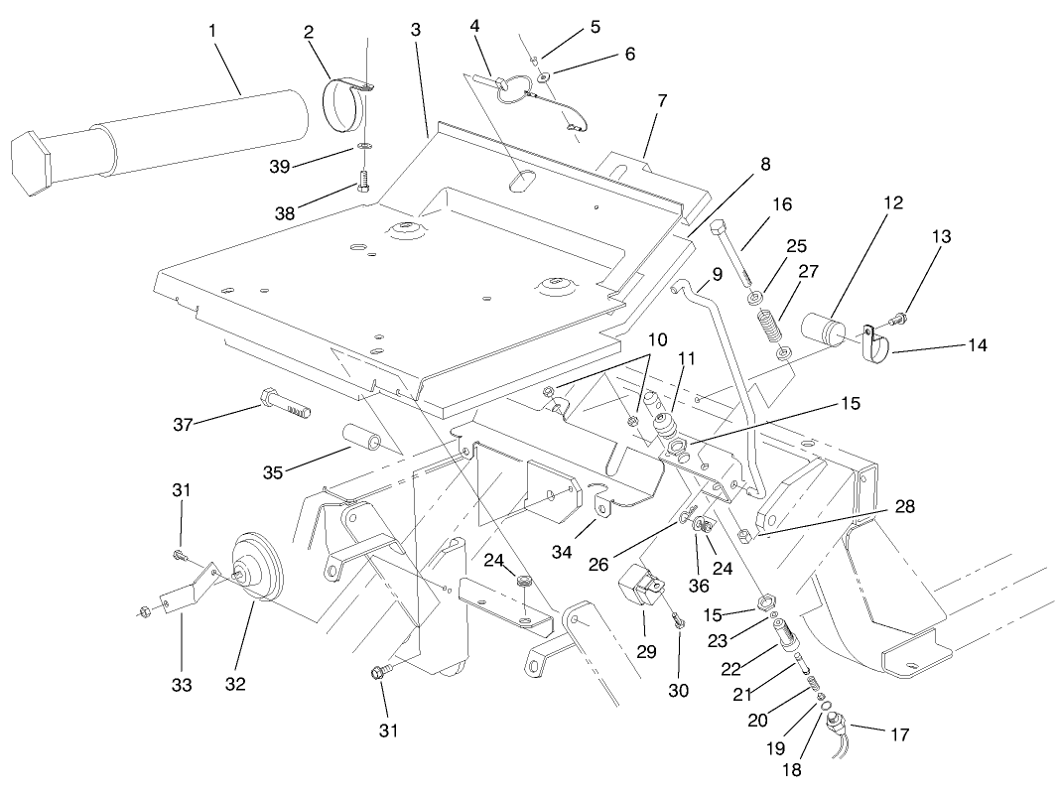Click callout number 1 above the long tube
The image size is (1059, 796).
pos(212,31)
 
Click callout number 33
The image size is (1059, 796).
pos(181,685)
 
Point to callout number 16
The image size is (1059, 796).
pos(782,204)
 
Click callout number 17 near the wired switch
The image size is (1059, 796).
pos(898,735)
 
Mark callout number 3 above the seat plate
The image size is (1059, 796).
pos(415,30)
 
